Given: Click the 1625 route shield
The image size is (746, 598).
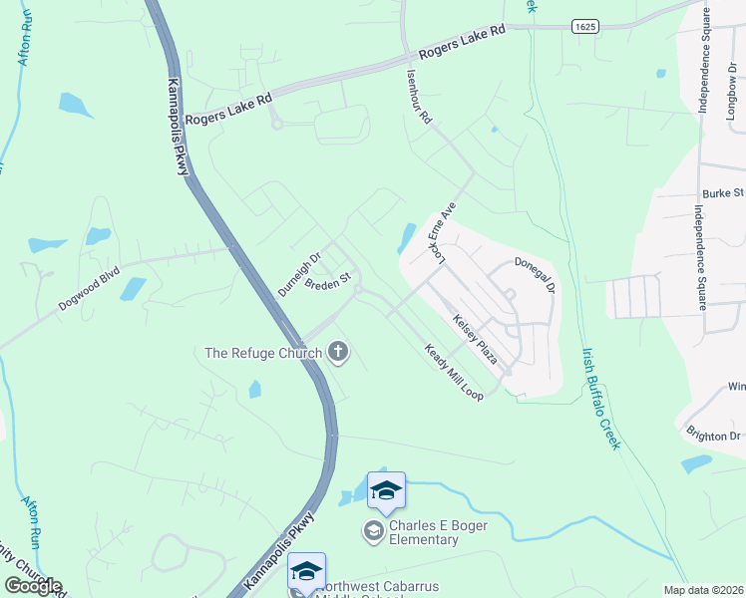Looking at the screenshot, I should coord(585,28).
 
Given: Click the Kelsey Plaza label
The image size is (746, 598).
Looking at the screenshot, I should coord(475,338).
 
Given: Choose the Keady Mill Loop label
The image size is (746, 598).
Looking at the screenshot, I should coord(454,373).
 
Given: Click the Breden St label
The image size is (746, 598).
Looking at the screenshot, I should coord(329,284).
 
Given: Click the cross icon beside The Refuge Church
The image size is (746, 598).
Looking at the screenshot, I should coord(338,351).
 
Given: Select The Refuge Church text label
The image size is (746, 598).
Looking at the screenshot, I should coord(263,353).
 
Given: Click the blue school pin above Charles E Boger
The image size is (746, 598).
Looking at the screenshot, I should coord(386,489).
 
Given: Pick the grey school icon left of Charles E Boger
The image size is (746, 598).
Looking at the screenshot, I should coord(374,530).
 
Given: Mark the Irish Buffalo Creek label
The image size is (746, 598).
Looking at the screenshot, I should coord(601,397).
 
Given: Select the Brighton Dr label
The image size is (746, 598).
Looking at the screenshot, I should coord(714,436).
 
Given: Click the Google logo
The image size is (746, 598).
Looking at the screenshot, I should coord(33,586).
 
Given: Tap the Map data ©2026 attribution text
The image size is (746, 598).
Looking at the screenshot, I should coord(703,590).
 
